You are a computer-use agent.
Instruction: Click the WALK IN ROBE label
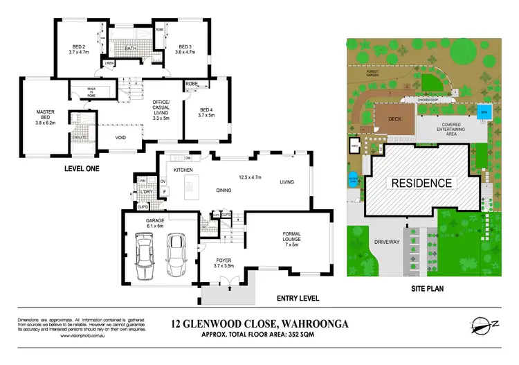point(91,93)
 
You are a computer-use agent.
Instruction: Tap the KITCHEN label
point(182,170)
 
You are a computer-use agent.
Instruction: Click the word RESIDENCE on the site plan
point(422,184)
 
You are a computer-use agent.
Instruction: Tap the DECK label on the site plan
point(394,119)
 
